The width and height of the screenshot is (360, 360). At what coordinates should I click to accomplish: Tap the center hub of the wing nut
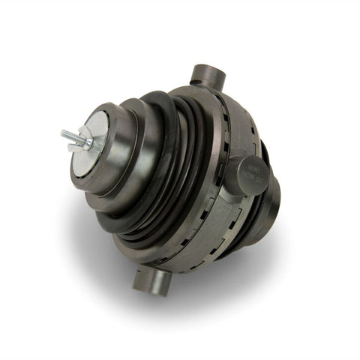[x=84, y=141]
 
